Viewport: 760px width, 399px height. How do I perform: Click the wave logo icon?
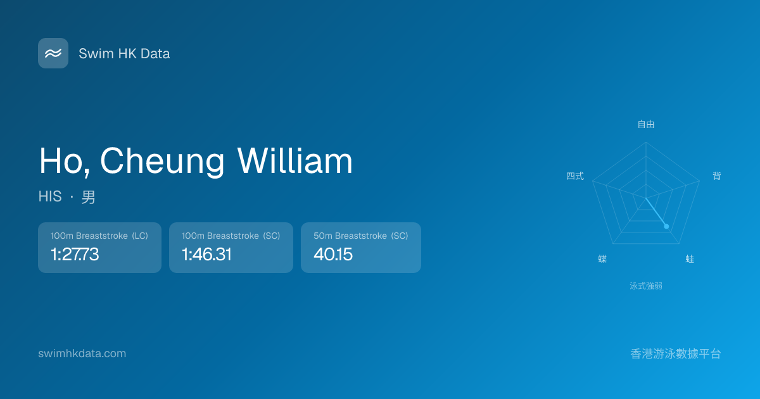pos(53,53)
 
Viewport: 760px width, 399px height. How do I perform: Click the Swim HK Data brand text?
pos(124,54)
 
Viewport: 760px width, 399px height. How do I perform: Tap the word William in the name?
pos(295,161)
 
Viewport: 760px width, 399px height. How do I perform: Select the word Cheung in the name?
pos(162,161)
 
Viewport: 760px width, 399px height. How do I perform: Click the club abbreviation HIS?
pos(50,196)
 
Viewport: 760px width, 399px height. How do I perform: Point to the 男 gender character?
pos(88,197)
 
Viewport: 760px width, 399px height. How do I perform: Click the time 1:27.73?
pos(75,254)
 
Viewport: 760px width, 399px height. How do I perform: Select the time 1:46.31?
pos(206,254)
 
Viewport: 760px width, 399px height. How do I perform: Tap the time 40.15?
pos(333,254)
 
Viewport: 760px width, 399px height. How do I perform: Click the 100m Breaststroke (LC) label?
pos(99,236)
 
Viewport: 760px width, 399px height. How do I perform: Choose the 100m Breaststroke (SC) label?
pos(231,236)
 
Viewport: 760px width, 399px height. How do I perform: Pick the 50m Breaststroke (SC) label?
pos(360,236)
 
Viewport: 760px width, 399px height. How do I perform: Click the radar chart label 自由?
pos(646,124)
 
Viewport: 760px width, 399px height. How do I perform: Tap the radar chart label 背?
pos(716,176)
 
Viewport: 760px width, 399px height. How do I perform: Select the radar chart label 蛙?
pos(690,259)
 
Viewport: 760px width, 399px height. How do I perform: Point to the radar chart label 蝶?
pos(602,259)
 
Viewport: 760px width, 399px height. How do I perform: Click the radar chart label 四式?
pos(575,176)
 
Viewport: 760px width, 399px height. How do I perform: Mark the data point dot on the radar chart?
pos(666,226)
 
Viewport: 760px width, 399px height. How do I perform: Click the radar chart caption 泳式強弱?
pos(646,286)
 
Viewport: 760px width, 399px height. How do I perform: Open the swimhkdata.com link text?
pos(82,353)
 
